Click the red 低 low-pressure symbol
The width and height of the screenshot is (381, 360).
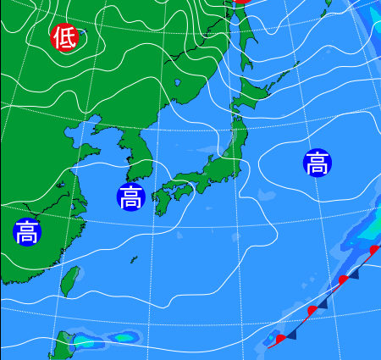(64, 37)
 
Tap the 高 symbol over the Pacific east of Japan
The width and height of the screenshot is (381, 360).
(317, 162)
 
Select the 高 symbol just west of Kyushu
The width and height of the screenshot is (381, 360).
(130, 197)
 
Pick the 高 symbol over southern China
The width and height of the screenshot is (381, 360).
(26, 230)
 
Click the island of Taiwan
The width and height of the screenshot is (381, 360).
(72, 280)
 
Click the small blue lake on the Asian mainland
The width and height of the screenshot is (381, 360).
(178, 82)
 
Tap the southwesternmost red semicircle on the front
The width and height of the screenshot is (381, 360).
(280, 339)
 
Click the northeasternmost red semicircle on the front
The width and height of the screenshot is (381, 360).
(375, 249)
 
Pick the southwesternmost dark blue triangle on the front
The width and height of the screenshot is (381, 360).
(291, 335)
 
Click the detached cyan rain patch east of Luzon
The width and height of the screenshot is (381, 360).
(124, 337)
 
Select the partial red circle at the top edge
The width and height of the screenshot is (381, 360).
(241, 3)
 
